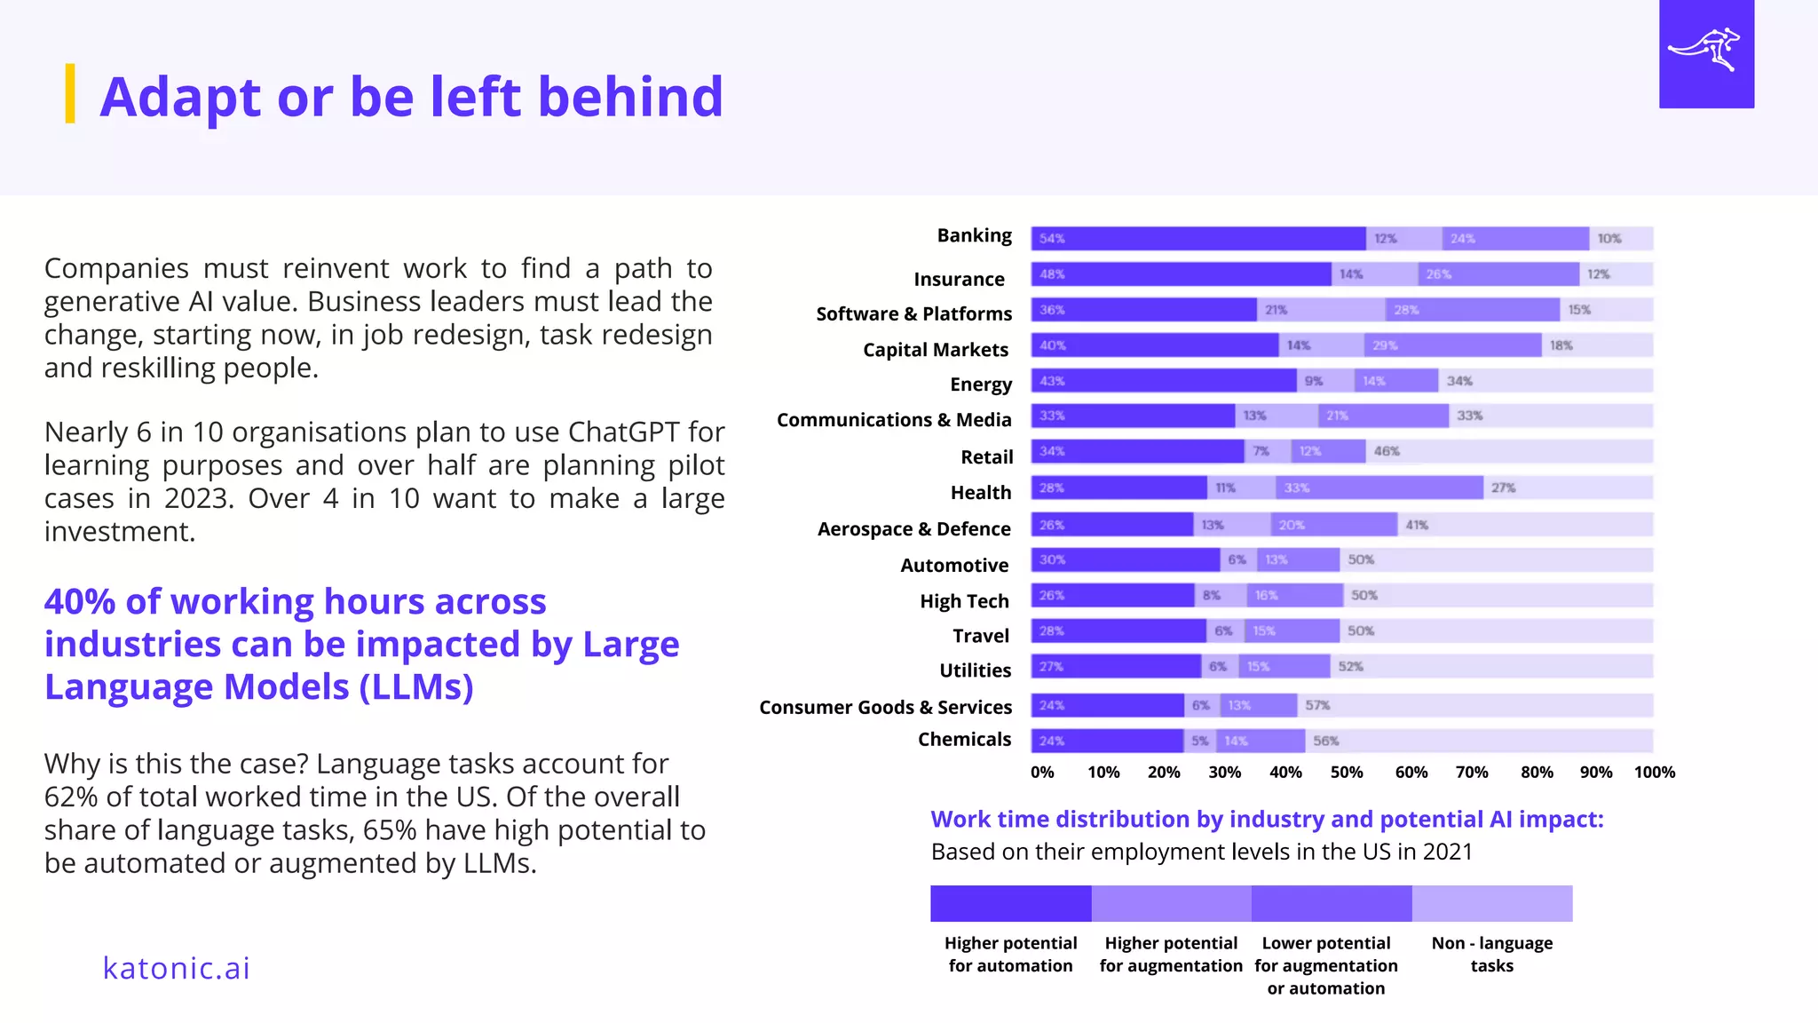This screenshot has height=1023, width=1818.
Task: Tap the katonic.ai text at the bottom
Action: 177,968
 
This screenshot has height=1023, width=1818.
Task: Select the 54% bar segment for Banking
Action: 1198,239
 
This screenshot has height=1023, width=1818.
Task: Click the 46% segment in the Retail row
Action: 1508,451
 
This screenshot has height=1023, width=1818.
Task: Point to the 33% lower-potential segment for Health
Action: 1379,488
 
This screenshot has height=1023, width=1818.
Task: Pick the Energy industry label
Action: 980,385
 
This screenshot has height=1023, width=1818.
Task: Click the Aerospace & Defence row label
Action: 913,529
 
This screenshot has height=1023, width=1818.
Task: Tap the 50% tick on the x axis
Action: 1346,773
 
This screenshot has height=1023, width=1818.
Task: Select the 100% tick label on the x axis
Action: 1654,773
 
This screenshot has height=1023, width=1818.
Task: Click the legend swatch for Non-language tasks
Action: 1491,903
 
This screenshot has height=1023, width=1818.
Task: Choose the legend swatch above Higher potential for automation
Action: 1010,903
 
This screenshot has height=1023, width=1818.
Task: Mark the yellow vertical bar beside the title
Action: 70,93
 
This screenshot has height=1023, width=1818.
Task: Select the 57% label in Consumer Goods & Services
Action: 1317,705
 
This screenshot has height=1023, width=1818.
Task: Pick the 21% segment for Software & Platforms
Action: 1321,310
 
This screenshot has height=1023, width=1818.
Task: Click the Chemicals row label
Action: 964,740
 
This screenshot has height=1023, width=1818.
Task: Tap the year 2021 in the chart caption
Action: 1447,852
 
